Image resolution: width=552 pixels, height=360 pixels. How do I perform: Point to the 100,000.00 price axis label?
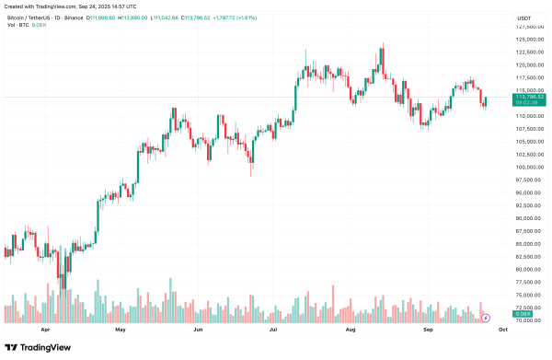[527, 167]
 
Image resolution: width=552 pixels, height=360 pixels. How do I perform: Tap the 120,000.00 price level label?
[527, 65]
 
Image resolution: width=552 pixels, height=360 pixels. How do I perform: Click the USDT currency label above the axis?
[524, 17]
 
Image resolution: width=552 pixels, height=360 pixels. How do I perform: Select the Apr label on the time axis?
[43, 328]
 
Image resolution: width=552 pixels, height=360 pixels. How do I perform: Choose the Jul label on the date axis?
[274, 328]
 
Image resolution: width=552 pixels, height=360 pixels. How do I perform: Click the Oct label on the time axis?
[502, 328]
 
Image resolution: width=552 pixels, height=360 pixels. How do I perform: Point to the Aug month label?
[351, 328]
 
